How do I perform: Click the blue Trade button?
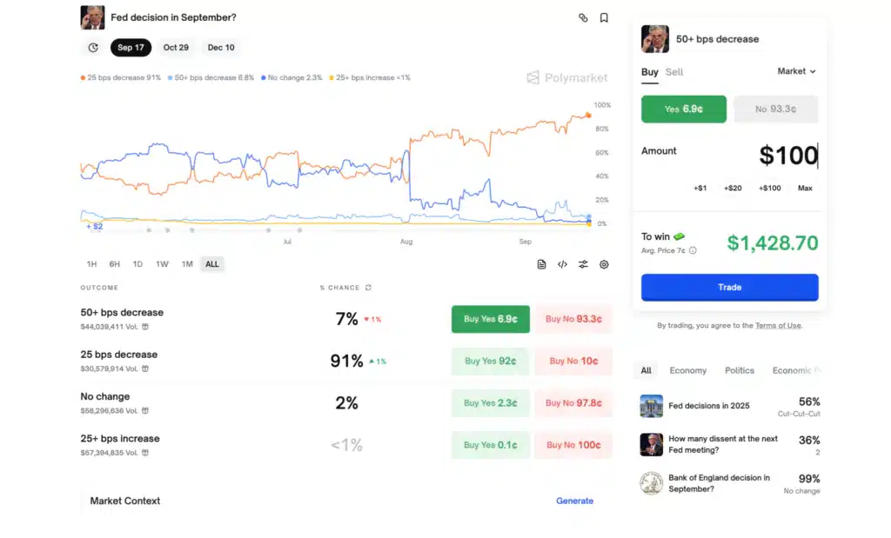[x=729, y=287]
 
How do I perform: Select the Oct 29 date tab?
[x=176, y=48]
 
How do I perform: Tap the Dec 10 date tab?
[x=221, y=48]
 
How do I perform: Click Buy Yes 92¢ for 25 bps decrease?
[x=490, y=361]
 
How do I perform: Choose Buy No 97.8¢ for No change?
[x=573, y=403]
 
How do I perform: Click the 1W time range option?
[x=162, y=264]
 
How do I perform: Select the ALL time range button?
[x=212, y=264]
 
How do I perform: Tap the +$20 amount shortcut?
[x=733, y=188]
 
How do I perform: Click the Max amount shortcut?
[x=805, y=188]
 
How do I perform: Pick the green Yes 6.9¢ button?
[x=683, y=109]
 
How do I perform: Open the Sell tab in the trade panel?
[x=674, y=72]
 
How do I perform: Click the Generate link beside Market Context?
[x=574, y=501]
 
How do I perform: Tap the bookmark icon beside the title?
[x=604, y=17]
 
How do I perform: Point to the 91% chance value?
[x=346, y=361]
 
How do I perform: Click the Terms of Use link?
[x=778, y=326]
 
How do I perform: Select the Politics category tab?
[x=740, y=370]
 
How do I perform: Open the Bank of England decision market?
[x=719, y=483]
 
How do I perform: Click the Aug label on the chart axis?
[x=406, y=242]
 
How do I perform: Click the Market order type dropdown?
[x=796, y=71]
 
